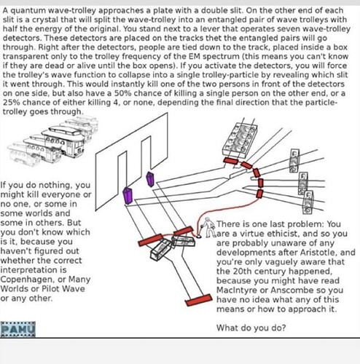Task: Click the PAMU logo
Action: click(18, 329)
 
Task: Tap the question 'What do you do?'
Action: click(251, 328)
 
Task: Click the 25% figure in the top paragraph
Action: click(12, 103)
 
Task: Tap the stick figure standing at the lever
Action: click(208, 227)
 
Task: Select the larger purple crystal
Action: click(128, 195)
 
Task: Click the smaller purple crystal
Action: click(150, 179)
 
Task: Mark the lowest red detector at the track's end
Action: click(198, 300)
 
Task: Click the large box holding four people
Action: click(239, 140)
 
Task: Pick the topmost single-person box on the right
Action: click(294, 161)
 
